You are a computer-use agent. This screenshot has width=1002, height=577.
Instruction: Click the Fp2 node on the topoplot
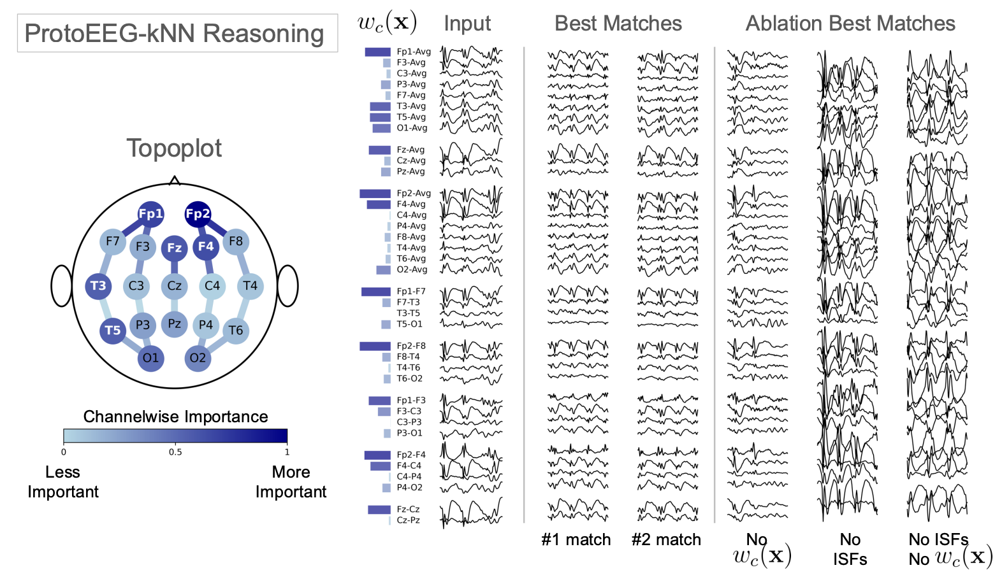click(x=198, y=214)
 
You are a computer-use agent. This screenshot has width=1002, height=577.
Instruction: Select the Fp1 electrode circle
click(x=151, y=214)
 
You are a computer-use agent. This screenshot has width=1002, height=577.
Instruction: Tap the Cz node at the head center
click(x=174, y=286)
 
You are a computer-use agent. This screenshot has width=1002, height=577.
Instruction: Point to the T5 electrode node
click(x=113, y=331)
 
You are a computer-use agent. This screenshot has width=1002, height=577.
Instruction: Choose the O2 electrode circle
click(x=198, y=358)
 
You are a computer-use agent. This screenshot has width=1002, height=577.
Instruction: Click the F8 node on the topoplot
click(x=236, y=241)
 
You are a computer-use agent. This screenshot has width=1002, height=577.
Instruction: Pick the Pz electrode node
click(x=174, y=324)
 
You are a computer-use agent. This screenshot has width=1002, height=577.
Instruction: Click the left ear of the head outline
click(x=62, y=286)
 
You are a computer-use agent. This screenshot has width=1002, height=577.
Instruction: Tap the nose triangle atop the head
click(x=174, y=181)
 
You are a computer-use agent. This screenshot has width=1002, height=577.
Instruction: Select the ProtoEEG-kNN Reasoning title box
click(x=174, y=33)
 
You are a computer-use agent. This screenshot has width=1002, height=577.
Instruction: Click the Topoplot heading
click(x=174, y=148)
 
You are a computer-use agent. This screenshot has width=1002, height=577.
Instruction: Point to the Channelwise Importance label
click(x=175, y=417)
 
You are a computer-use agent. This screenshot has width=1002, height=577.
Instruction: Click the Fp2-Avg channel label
click(x=414, y=193)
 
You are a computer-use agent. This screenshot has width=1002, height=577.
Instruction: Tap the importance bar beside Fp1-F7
click(x=376, y=292)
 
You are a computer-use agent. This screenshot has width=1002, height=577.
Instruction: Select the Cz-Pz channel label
click(x=408, y=520)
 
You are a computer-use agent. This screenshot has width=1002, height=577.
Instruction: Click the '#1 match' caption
click(x=576, y=540)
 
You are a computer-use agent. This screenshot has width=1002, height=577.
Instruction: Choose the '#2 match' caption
click(x=666, y=540)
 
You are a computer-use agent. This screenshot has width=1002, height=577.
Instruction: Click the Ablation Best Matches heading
click(x=850, y=24)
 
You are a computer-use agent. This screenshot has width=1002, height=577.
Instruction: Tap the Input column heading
click(x=467, y=24)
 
